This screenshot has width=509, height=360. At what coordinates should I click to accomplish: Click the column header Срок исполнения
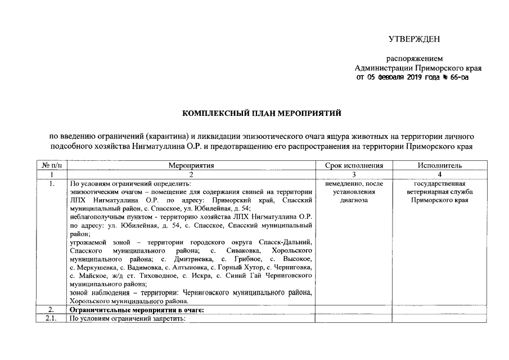[x=354, y=165]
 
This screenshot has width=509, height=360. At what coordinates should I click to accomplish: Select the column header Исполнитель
[x=440, y=165]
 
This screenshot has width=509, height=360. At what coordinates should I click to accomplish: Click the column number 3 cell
[x=354, y=174]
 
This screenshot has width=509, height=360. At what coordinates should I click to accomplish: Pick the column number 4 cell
[x=440, y=174]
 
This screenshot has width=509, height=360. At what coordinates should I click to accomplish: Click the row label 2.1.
[x=52, y=318]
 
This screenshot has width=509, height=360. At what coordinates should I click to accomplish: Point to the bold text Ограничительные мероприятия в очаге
[x=136, y=310]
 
